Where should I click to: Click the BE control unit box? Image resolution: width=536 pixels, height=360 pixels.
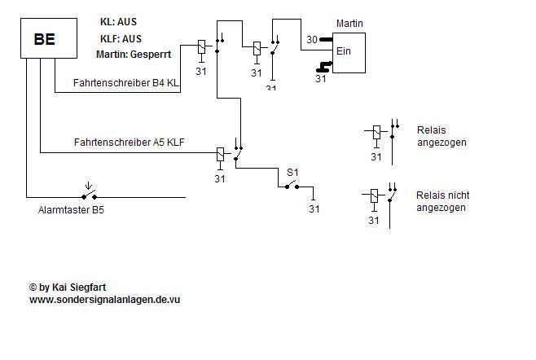(45, 39)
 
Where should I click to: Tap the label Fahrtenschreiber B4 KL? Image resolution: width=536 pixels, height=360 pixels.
(125, 84)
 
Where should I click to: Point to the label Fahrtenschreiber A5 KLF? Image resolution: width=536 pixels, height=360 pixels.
(129, 142)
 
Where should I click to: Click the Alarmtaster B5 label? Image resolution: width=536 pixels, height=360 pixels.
(72, 210)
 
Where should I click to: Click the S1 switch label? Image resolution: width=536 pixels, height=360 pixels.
(292, 173)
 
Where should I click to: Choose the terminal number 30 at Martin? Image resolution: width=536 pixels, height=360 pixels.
(311, 39)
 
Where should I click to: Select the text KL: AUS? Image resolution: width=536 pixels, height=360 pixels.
(118, 23)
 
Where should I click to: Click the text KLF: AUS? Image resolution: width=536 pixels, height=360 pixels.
(121, 38)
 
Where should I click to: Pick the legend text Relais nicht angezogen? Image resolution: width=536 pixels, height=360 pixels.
(442, 201)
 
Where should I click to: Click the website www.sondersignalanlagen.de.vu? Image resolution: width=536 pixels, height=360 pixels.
(104, 300)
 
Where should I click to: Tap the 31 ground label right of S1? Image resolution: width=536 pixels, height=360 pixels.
(314, 209)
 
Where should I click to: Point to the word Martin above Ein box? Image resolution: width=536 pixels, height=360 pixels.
(349, 24)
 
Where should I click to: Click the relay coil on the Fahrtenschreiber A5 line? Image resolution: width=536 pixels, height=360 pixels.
(220, 154)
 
